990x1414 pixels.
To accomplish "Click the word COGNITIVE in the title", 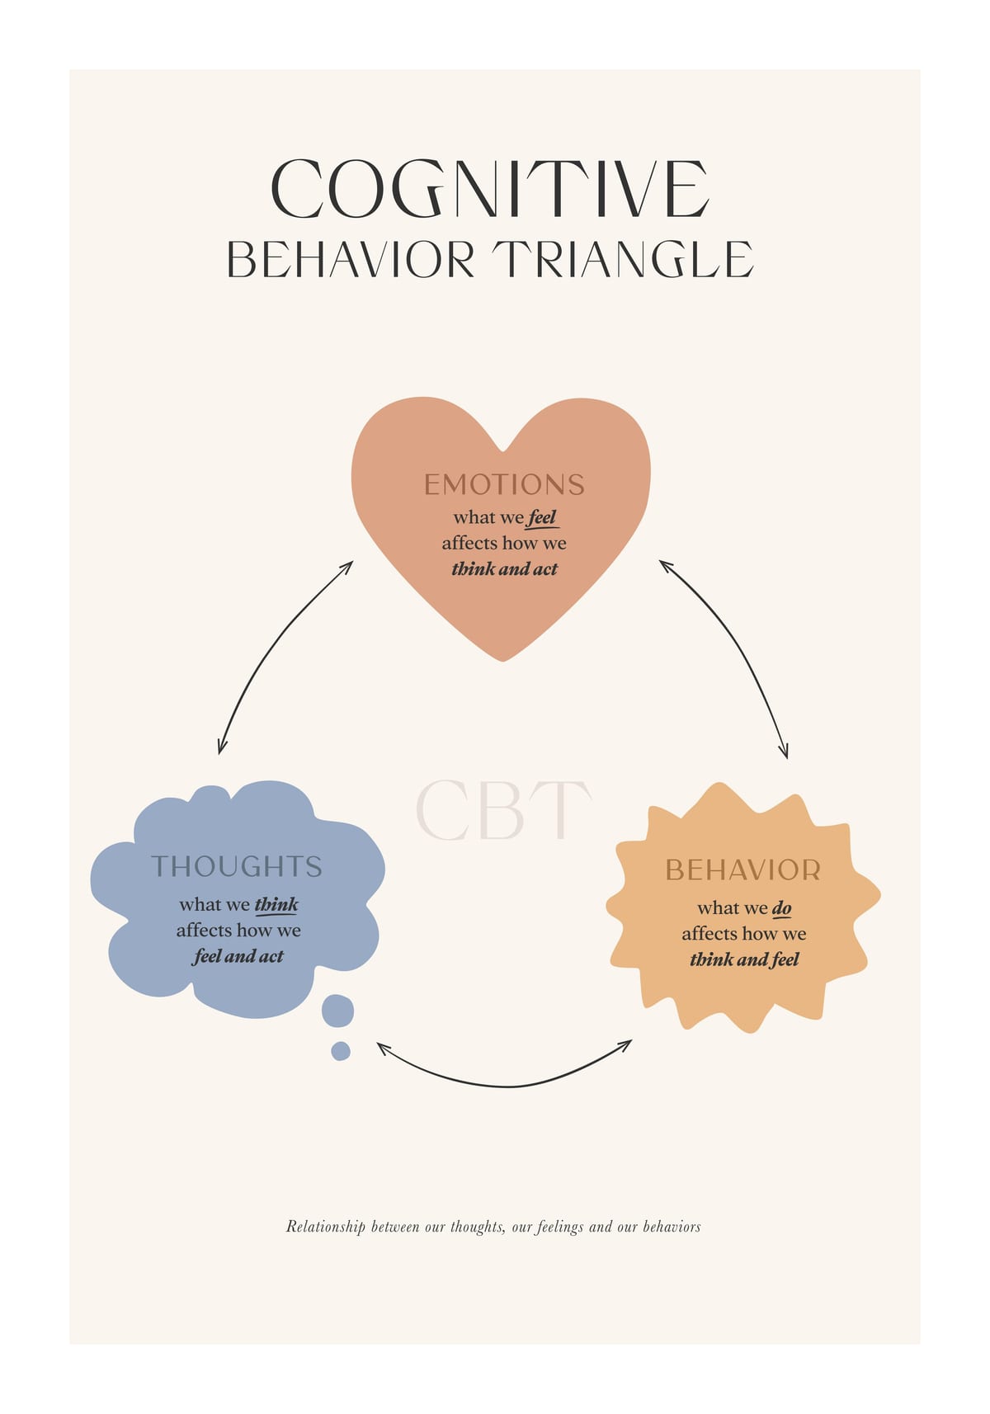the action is (x=491, y=189).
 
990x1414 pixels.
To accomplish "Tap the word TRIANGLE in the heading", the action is (x=623, y=259).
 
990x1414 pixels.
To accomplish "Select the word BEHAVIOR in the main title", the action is (x=351, y=259).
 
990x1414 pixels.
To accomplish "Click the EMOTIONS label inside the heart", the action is (x=504, y=485).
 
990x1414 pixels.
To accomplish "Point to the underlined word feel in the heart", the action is (x=542, y=518).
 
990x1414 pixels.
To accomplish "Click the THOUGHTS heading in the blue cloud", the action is (x=237, y=867).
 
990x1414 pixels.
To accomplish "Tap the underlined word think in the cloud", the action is (x=276, y=905).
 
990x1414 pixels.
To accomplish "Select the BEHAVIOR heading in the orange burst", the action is (x=743, y=870).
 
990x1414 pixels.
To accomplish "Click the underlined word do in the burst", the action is (x=781, y=908).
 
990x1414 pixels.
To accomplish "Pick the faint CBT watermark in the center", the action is (x=503, y=810).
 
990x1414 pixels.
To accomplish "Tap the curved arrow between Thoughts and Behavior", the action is (x=505, y=1086).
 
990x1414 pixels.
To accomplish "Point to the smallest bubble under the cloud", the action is (x=341, y=1051).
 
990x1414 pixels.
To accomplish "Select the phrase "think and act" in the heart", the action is (x=504, y=569).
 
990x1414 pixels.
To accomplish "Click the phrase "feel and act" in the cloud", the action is (x=238, y=956).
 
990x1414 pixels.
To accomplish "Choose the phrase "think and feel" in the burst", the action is (x=744, y=960).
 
